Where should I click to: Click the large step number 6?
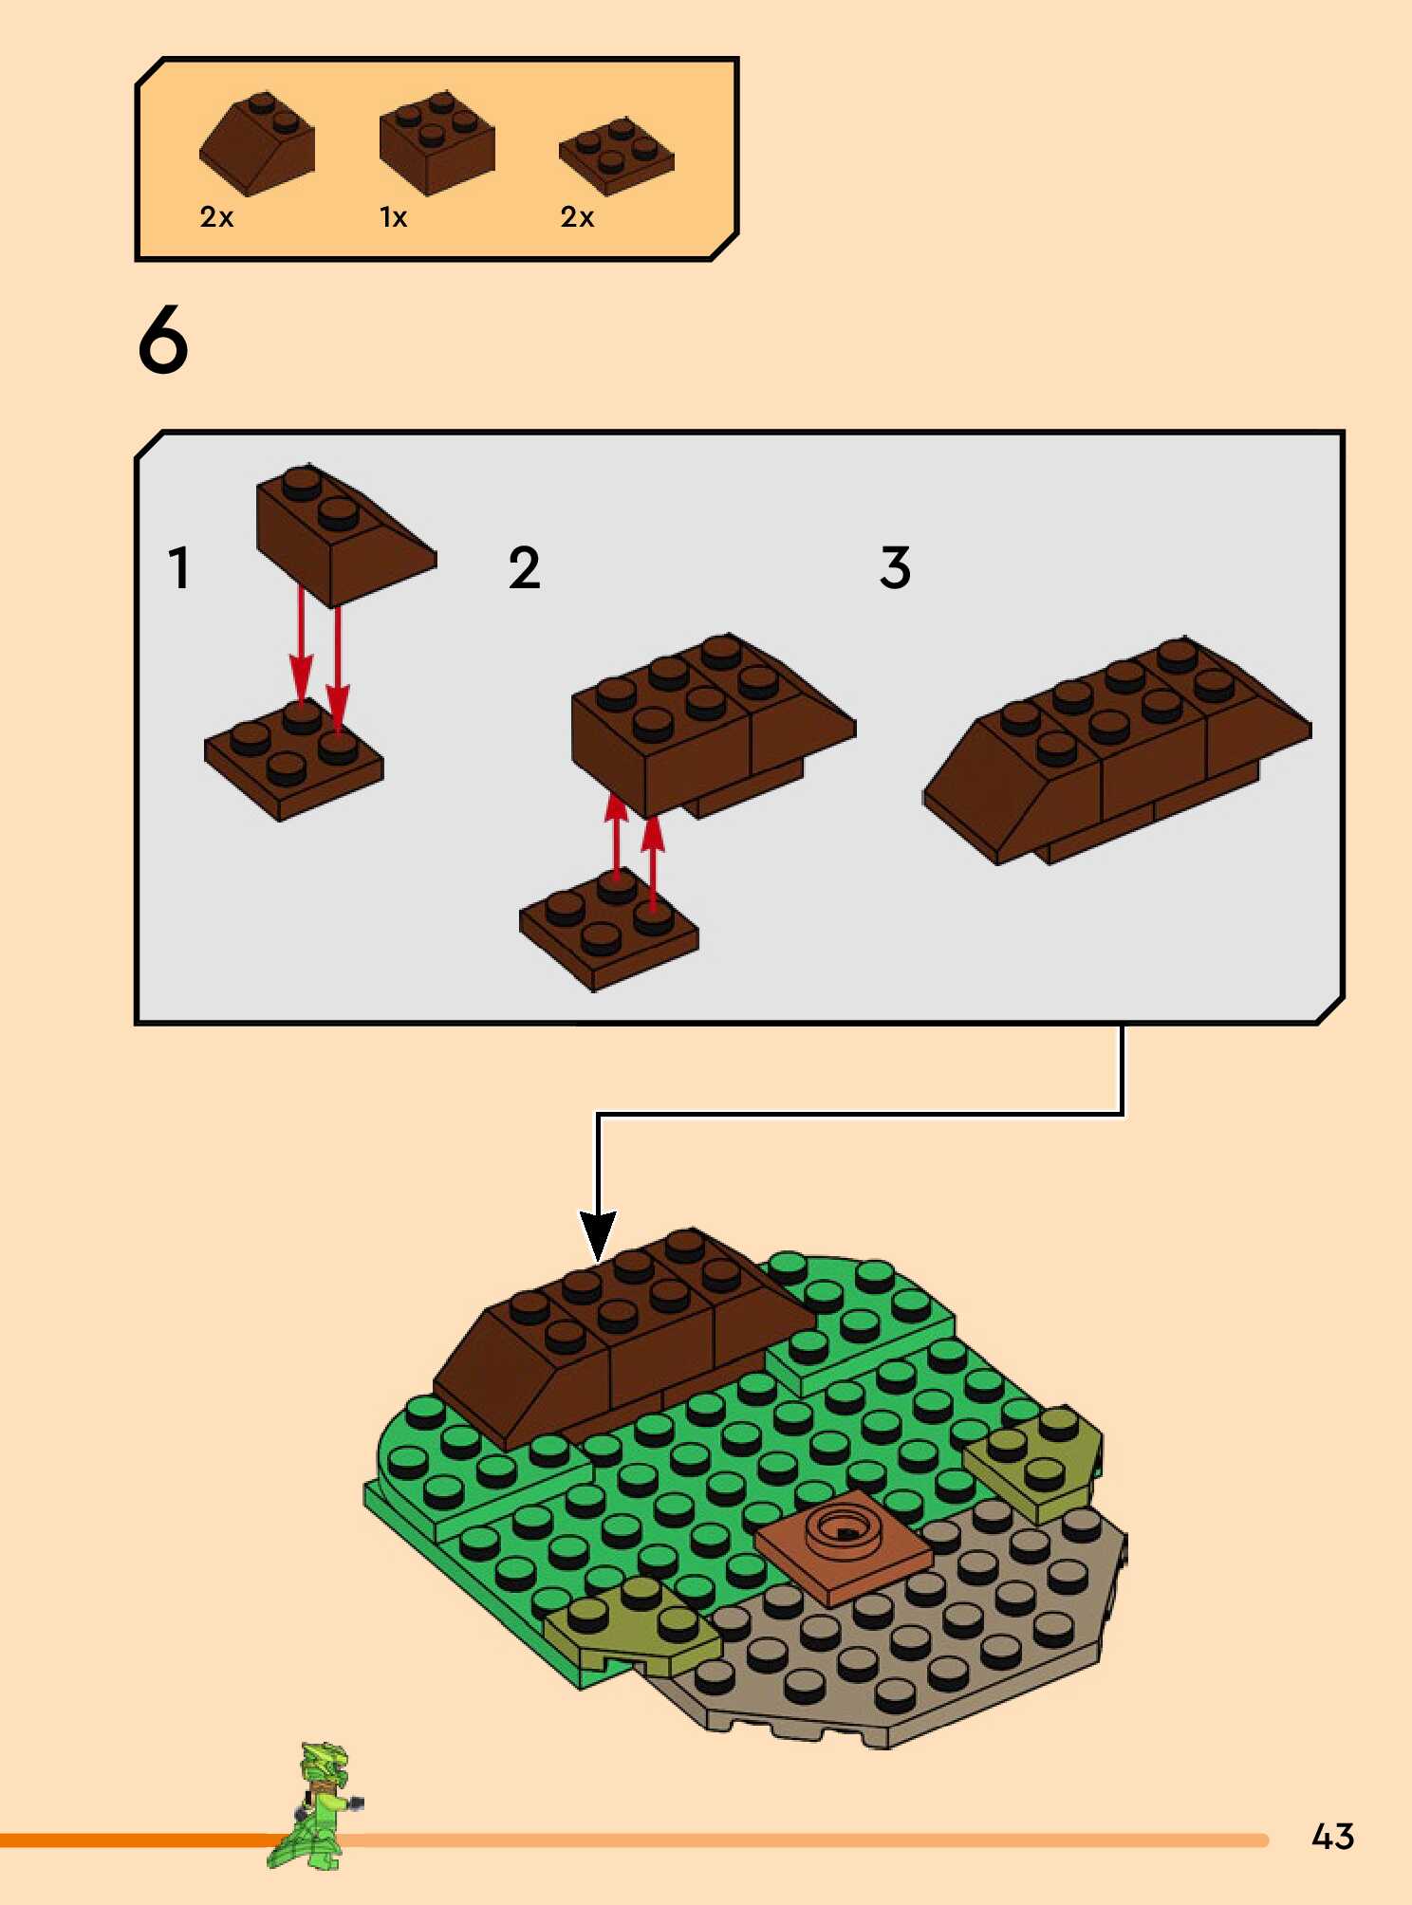[x=163, y=340]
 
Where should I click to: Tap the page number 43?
[x=1332, y=1837]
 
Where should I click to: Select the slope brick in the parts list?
[x=256, y=143]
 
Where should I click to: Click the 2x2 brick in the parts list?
[x=437, y=143]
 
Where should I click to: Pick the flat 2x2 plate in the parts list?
[x=617, y=156]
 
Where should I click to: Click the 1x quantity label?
[x=393, y=217]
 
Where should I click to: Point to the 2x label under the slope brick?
[x=216, y=217]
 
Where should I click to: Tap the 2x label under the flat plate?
[x=577, y=217]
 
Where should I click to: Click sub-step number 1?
[x=178, y=568]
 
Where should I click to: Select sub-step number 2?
[x=524, y=568]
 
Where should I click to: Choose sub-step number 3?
[x=895, y=568]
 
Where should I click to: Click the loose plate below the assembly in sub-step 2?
[x=608, y=931]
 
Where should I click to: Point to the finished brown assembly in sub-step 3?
[x=1118, y=749]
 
